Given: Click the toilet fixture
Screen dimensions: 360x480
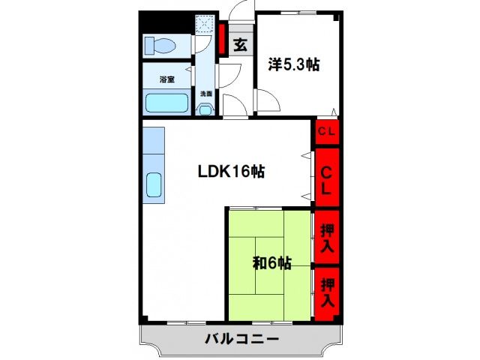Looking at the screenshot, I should (x=160, y=46).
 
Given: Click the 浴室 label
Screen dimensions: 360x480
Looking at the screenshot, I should (x=166, y=79).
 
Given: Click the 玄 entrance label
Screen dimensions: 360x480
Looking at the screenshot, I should (x=239, y=45).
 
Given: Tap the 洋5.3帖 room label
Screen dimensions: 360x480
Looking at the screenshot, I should (x=295, y=65).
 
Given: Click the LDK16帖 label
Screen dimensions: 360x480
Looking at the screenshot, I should (x=230, y=171).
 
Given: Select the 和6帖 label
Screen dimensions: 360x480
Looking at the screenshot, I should (x=271, y=263).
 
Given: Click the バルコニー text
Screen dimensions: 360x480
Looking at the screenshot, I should (x=241, y=340).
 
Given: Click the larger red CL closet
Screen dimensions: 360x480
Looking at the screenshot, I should (x=327, y=177).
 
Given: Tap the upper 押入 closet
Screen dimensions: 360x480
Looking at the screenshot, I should (x=327, y=237).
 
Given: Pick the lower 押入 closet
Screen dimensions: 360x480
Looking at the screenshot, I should (x=327, y=292).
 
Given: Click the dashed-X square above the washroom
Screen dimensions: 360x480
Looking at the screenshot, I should (x=205, y=25).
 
